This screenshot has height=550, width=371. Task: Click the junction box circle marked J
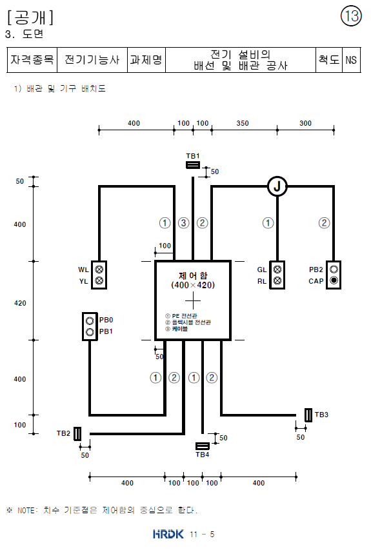(x=277, y=186)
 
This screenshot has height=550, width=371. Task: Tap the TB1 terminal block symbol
(x=193, y=165)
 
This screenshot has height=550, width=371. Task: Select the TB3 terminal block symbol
(x=308, y=415)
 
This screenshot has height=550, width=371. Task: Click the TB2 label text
(x=63, y=433)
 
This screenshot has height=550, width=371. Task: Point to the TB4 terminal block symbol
(x=203, y=446)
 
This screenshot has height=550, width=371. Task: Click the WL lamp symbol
(x=99, y=270)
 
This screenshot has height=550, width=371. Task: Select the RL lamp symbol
(x=277, y=280)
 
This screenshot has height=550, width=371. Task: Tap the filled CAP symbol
(x=334, y=280)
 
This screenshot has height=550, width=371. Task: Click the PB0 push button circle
(x=90, y=320)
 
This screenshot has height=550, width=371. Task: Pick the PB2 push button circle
(x=334, y=270)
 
